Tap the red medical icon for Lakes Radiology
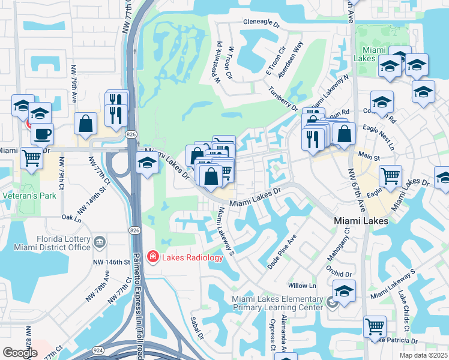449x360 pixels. (x=152, y=257)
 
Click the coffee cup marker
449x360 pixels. (x=42, y=134)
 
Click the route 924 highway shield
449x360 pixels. (x=97, y=349)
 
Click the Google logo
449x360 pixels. (x=20, y=353)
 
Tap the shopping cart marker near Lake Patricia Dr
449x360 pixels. (x=375, y=326)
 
